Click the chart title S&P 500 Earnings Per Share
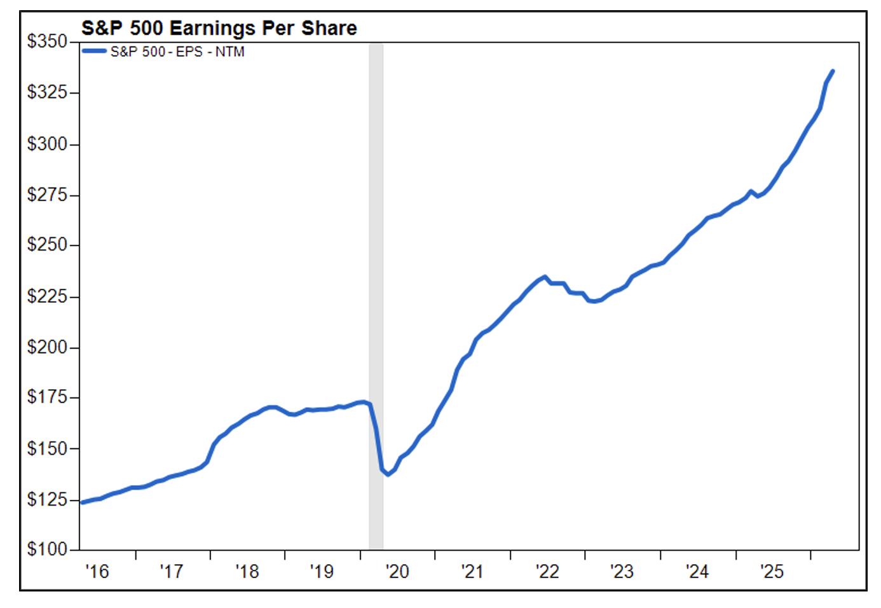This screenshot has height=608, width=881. [x=219, y=28]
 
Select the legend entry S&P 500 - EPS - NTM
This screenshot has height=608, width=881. [x=177, y=52]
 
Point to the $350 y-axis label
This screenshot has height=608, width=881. [x=47, y=41]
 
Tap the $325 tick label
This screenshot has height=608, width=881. [x=47, y=92]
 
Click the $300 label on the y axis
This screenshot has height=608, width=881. [x=47, y=144]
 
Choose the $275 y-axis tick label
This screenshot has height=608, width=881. [x=47, y=195]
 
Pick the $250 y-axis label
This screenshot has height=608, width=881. [x=47, y=245]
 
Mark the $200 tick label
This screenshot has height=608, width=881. [x=47, y=347]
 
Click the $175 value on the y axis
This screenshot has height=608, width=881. [x=47, y=397]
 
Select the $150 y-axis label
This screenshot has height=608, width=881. [x=47, y=448]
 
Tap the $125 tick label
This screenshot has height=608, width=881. [x=47, y=499]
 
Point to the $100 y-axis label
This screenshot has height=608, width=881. [x=47, y=549]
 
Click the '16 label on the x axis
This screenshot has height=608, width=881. [x=97, y=572]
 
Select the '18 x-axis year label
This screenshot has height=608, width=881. [x=247, y=572]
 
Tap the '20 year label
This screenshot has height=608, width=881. [x=397, y=572]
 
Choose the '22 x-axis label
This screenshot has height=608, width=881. [x=547, y=572]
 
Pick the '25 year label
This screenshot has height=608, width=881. [x=772, y=572]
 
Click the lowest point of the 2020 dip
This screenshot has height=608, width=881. [x=388, y=474]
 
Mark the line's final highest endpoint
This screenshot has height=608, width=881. [x=833, y=71]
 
